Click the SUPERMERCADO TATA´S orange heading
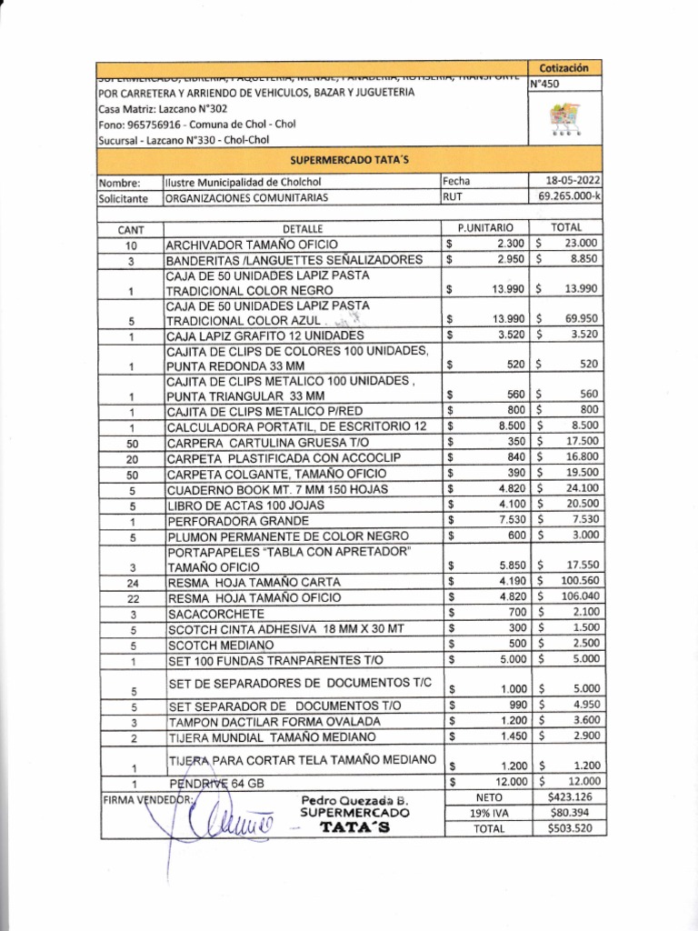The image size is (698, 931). pos(350,159)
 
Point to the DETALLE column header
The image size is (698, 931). pos(303,229)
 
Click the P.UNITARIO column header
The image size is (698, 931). pos(485,227)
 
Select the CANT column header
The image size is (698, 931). pos(131,229)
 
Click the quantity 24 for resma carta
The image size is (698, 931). pos(131,582)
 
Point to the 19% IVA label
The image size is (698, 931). pos(487,813)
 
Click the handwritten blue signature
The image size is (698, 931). pos(218,823)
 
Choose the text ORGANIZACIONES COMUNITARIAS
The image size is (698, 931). pos(246,196)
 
